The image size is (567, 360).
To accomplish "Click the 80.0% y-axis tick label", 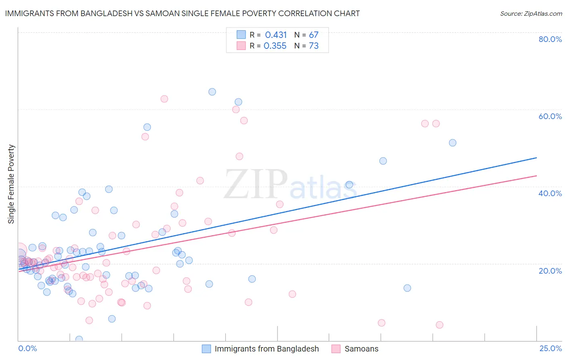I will tap(550, 39).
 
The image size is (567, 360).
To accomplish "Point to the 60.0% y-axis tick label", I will tap(550, 116).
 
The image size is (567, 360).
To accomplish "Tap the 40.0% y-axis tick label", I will tap(550, 193).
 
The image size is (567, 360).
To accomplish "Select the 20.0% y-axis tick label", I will tap(550, 271).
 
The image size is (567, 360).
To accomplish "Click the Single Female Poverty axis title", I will tap(11, 184).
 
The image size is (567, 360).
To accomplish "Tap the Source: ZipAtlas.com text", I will tap(531, 13).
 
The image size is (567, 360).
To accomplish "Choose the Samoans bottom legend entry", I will tap(361, 349).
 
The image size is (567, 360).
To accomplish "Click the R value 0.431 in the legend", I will tap(276, 35).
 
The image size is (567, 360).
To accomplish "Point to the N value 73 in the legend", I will tap(314, 46).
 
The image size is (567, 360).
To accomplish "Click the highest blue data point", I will tap(212, 92).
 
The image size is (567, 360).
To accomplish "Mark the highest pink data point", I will tap(164, 99).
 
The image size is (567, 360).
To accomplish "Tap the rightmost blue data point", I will tap(452, 143).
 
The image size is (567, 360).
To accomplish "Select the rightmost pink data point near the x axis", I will tap(440, 325).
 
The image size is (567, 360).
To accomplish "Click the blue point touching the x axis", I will tap(79, 339).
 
